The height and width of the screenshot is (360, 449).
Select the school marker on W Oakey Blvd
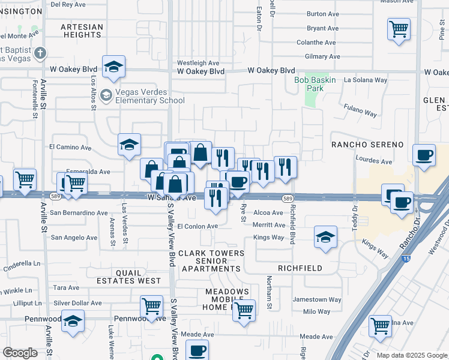pos(113,68)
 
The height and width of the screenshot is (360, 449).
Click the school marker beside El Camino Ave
pos(129,145)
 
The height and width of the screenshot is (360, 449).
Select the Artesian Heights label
pos(82,31)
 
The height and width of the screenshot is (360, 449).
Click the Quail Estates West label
pos(130,277)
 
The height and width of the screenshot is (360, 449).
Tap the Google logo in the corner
pos(20,353)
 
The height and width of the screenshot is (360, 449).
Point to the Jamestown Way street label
pos(317,299)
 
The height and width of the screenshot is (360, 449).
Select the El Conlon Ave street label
pos(197,226)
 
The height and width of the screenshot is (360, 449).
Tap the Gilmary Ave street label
pos(322,56)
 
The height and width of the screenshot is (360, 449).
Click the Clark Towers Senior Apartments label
pos(211,261)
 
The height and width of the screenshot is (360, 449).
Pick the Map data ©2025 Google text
pos(411,355)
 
